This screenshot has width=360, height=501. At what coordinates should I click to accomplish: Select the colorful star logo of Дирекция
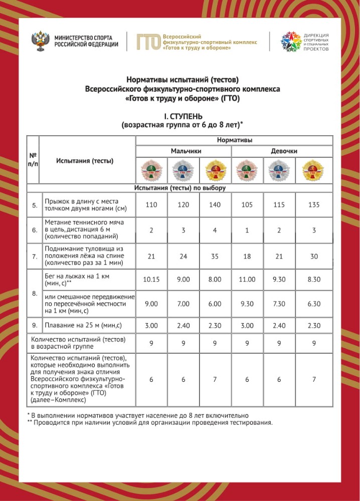(290, 42)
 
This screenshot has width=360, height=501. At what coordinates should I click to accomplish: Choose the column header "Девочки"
(284, 151)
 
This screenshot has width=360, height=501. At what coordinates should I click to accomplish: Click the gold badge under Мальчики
(216, 170)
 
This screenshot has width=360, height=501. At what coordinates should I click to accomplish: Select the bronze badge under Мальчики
(151, 170)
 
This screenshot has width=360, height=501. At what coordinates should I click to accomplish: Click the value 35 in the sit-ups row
(216, 257)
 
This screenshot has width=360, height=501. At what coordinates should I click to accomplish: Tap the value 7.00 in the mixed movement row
(184, 304)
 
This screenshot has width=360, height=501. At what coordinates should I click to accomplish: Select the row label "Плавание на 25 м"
(83, 326)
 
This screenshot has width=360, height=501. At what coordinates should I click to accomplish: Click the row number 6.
(34, 230)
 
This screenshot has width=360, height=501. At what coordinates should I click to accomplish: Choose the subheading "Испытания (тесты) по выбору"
(179, 188)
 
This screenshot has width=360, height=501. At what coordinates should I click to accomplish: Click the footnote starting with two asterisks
(150, 422)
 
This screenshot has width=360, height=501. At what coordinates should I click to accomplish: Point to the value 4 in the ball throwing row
(216, 230)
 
